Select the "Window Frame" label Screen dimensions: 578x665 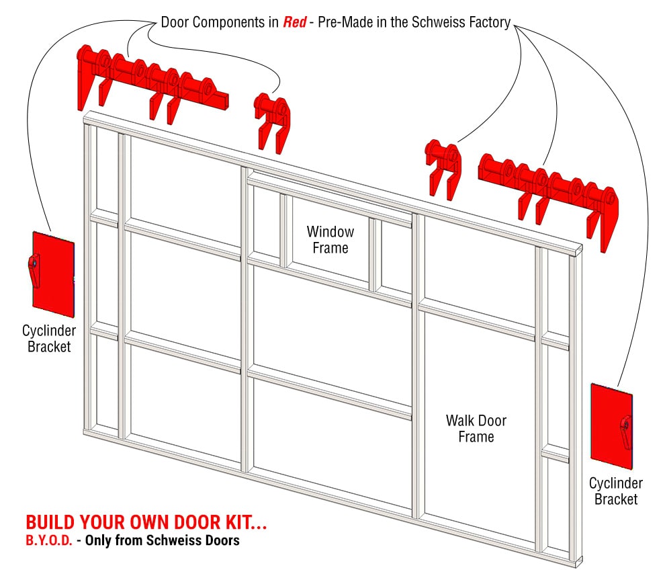point(330,240)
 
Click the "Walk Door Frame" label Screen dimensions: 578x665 point(476,429)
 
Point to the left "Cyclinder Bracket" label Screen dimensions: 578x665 point(48,339)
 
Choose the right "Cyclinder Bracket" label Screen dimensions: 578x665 point(615,491)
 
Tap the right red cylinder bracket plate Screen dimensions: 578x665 point(611,426)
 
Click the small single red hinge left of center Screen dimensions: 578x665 point(272,120)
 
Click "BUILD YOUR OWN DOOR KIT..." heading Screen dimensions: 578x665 point(141,523)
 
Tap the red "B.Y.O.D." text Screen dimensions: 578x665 point(48,540)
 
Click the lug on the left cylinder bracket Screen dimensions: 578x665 point(33,267)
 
